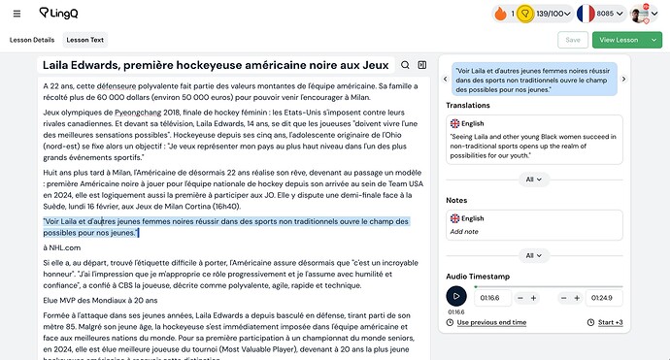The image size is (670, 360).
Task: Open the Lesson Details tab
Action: [32, 40]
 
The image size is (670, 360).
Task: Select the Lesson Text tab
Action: [84, 40]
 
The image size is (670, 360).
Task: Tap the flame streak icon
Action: [500, 14]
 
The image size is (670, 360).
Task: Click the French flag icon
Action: [586, 14]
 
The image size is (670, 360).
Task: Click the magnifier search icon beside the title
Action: [405, 65]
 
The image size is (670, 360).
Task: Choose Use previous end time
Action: [490, 322]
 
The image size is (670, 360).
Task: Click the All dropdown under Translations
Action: [532, 179]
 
